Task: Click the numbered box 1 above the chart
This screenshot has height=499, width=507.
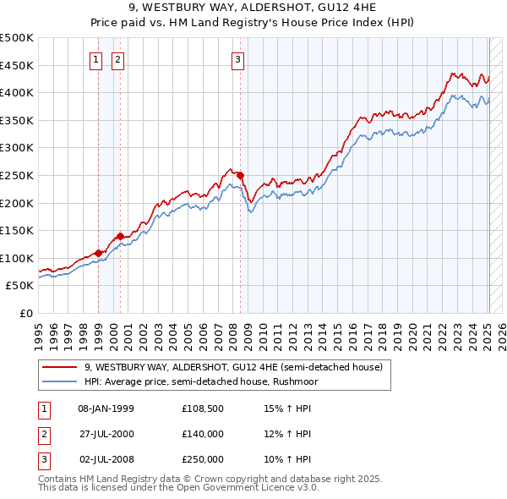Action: [96, 59]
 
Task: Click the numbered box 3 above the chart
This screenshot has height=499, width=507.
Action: [238, 59]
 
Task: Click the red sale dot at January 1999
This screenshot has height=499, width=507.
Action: [99, 253]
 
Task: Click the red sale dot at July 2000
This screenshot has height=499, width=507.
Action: [121, 236]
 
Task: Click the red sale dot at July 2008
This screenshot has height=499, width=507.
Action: [240, 175]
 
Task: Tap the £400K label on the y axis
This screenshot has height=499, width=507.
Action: [17, 92]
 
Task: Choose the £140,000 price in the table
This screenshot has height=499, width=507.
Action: [202, 434]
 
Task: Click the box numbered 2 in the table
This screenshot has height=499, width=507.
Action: [42, 434]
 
